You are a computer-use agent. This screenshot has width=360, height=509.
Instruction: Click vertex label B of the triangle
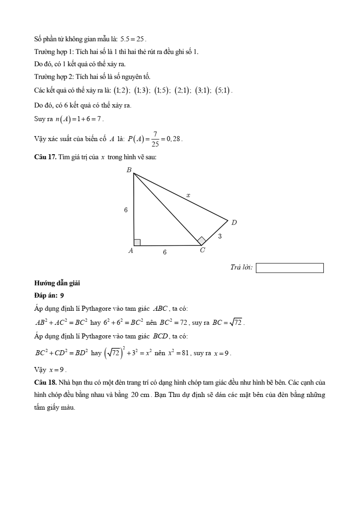(129, 170)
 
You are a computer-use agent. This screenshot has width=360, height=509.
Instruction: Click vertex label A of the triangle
(131, 250)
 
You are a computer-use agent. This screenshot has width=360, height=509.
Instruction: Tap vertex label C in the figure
(202, 251)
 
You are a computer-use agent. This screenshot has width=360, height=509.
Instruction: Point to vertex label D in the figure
(234, 223)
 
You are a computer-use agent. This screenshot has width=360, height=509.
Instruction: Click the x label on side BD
(188, 195)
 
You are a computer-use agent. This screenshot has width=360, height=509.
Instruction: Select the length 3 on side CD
(220, 236)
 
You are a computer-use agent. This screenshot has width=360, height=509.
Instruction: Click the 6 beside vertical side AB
(126, 210)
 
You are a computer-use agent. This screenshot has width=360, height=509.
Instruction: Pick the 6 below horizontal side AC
(165, 252)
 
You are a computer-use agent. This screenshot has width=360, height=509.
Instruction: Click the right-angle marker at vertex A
(137, 242)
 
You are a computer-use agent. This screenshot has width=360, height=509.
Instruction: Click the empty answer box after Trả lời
(290, 268)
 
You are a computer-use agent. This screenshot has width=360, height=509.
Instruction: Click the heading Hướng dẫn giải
(57, 283)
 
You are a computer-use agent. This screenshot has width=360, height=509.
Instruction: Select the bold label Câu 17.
(45, 157)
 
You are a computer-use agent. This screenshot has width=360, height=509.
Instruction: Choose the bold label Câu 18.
(45, 382)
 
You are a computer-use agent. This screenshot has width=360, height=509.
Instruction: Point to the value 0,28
(173, 139)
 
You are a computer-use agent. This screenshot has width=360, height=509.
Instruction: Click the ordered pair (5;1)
(223, 90)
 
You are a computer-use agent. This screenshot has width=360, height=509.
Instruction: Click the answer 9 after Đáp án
(62, 295)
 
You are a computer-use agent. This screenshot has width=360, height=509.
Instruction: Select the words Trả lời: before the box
(241, 268)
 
